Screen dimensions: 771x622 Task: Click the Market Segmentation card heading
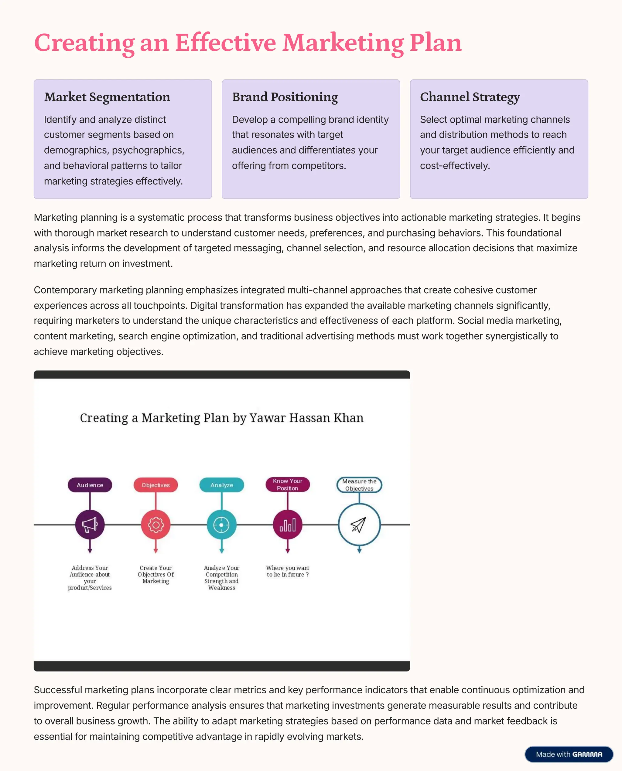tap(107, 97)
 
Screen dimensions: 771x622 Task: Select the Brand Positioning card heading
tap(285, 97)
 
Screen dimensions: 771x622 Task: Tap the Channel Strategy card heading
tap(470, 97)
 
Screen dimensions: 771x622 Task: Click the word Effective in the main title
tap(225, 43)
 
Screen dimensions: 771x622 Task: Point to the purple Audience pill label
tap(90, 485)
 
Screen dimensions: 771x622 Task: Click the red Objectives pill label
tap(155, 485)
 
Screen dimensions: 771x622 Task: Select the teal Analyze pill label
tap(221, 485)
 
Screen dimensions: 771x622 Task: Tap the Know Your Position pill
tap(287, 484)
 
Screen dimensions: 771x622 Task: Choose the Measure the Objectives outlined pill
tap(359, 485)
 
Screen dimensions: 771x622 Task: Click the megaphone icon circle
tap(90, 525)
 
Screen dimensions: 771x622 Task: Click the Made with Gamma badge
tap(569, 754)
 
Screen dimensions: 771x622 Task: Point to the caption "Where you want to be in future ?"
tap(287, 571)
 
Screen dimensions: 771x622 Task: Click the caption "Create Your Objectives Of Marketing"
tap(155, 574)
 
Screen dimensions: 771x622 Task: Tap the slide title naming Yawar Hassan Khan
tap(221, 418)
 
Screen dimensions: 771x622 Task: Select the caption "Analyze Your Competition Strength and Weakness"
tap(221, 578)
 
